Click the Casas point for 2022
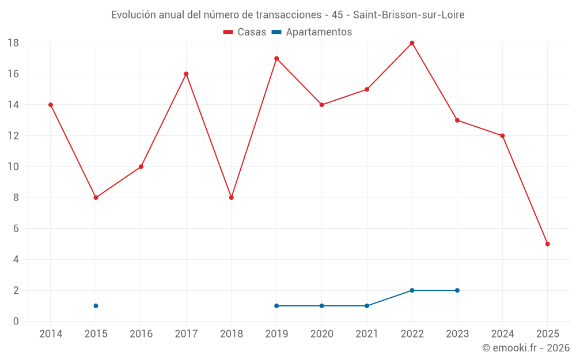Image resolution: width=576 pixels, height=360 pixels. click(x=412, y=43)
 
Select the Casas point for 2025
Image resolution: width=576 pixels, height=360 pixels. click(x=547, y=244)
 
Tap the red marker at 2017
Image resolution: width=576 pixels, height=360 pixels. click(x=186, y=74)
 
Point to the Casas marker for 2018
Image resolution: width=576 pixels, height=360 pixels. click(x=231, y=198)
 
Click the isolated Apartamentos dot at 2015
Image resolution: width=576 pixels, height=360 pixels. click(x=96, y=306)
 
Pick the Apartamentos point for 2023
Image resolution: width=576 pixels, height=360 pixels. click(x=457, y=290)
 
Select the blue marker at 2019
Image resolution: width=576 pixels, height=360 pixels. click(x=276, y=306)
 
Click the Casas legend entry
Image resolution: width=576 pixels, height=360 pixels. click(x=245, y=32)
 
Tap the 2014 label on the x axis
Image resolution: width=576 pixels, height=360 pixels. click(x=51, y=334)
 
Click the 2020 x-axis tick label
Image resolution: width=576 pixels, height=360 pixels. click(x=321, y=334)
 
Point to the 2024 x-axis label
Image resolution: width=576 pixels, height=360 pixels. click(x=502, y=334)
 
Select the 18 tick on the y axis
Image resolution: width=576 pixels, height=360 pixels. click(x=13, y=43)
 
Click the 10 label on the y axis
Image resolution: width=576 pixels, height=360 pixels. click(x=13, y=167)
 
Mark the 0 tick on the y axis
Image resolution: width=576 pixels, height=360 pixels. click(x=16, y=321)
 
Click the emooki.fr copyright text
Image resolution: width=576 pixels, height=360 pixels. click(x=526, y=348)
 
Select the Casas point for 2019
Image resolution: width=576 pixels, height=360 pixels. click(x=276, y=58)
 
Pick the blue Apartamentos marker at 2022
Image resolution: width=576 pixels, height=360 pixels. click(x=412, y=290)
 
